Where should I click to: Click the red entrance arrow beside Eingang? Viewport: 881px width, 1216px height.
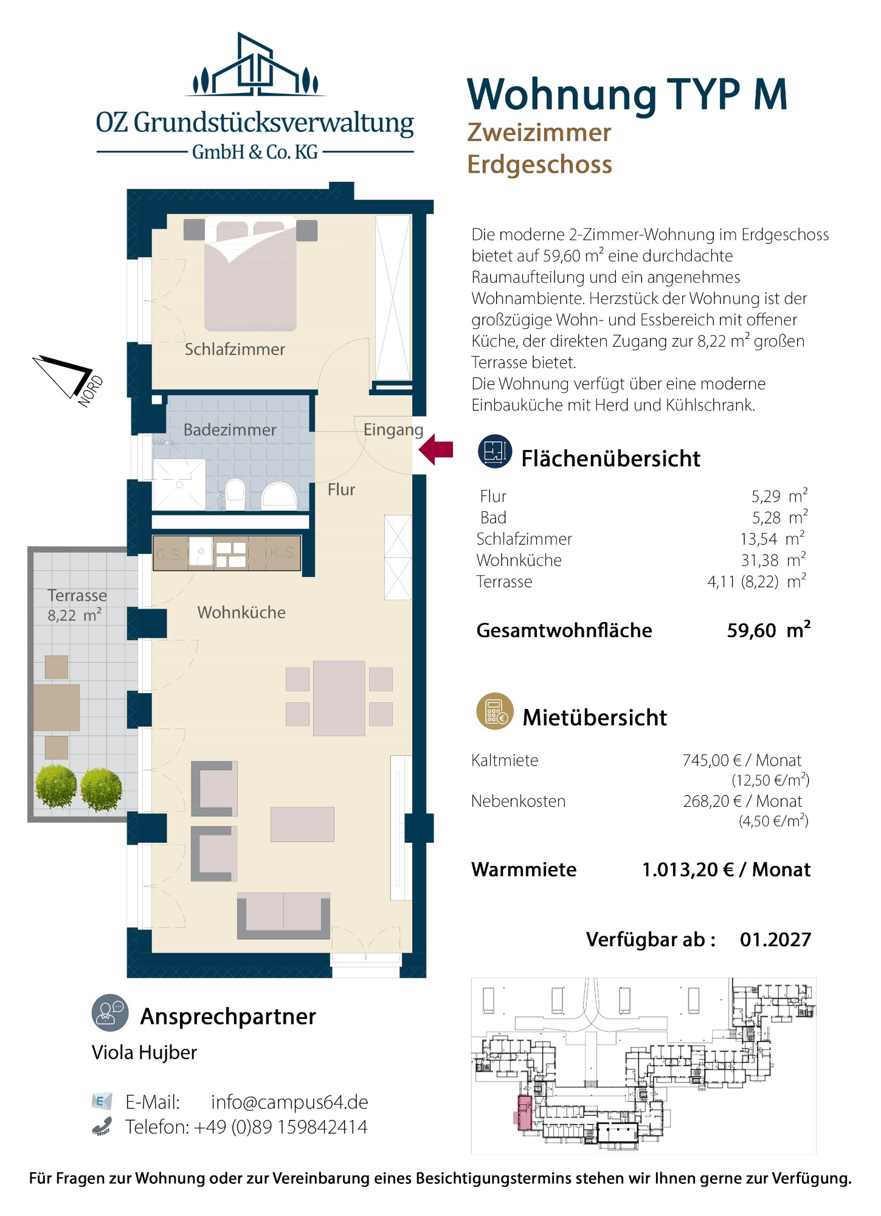tap(437, 449)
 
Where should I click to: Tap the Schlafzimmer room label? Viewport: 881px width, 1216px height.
tap(235, 350)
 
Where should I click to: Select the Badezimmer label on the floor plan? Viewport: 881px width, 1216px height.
tap(230, 430)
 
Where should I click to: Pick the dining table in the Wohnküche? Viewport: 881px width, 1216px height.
tap(339, 698)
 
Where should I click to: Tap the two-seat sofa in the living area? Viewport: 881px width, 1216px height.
tap(283, 916)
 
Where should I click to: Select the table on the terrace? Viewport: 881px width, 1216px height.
tap(57, 707)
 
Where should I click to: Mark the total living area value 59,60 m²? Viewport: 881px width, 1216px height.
tap(769, 630)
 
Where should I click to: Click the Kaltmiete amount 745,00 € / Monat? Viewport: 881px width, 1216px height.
tap(742, 760)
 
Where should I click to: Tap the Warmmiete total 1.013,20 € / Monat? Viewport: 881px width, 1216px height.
tap(726, 869)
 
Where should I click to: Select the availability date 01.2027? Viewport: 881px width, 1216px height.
tap(775, 939)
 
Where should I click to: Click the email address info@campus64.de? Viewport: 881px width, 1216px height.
tap(289, 1102)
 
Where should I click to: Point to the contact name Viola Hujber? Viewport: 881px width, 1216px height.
tap(144, 1052)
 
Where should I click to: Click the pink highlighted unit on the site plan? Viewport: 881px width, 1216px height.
tap(523, 1113)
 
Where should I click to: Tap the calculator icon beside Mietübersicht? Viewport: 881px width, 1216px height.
tap(495, 711)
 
